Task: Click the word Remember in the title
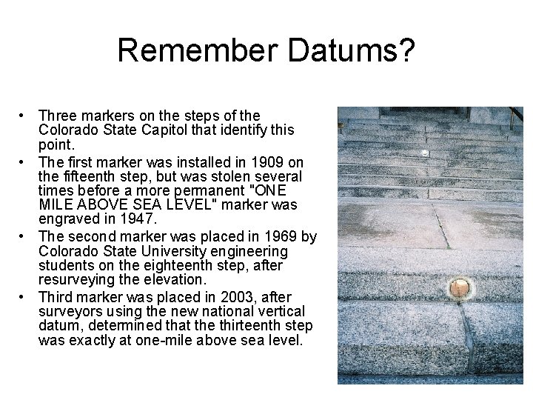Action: pos(197,51)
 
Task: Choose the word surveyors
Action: pos(69,311)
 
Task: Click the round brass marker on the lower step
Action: pos(460,286)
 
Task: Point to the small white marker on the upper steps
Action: pos(424,153)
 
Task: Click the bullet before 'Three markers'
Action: pos(24,116)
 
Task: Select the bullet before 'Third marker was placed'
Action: pos(24,296)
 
